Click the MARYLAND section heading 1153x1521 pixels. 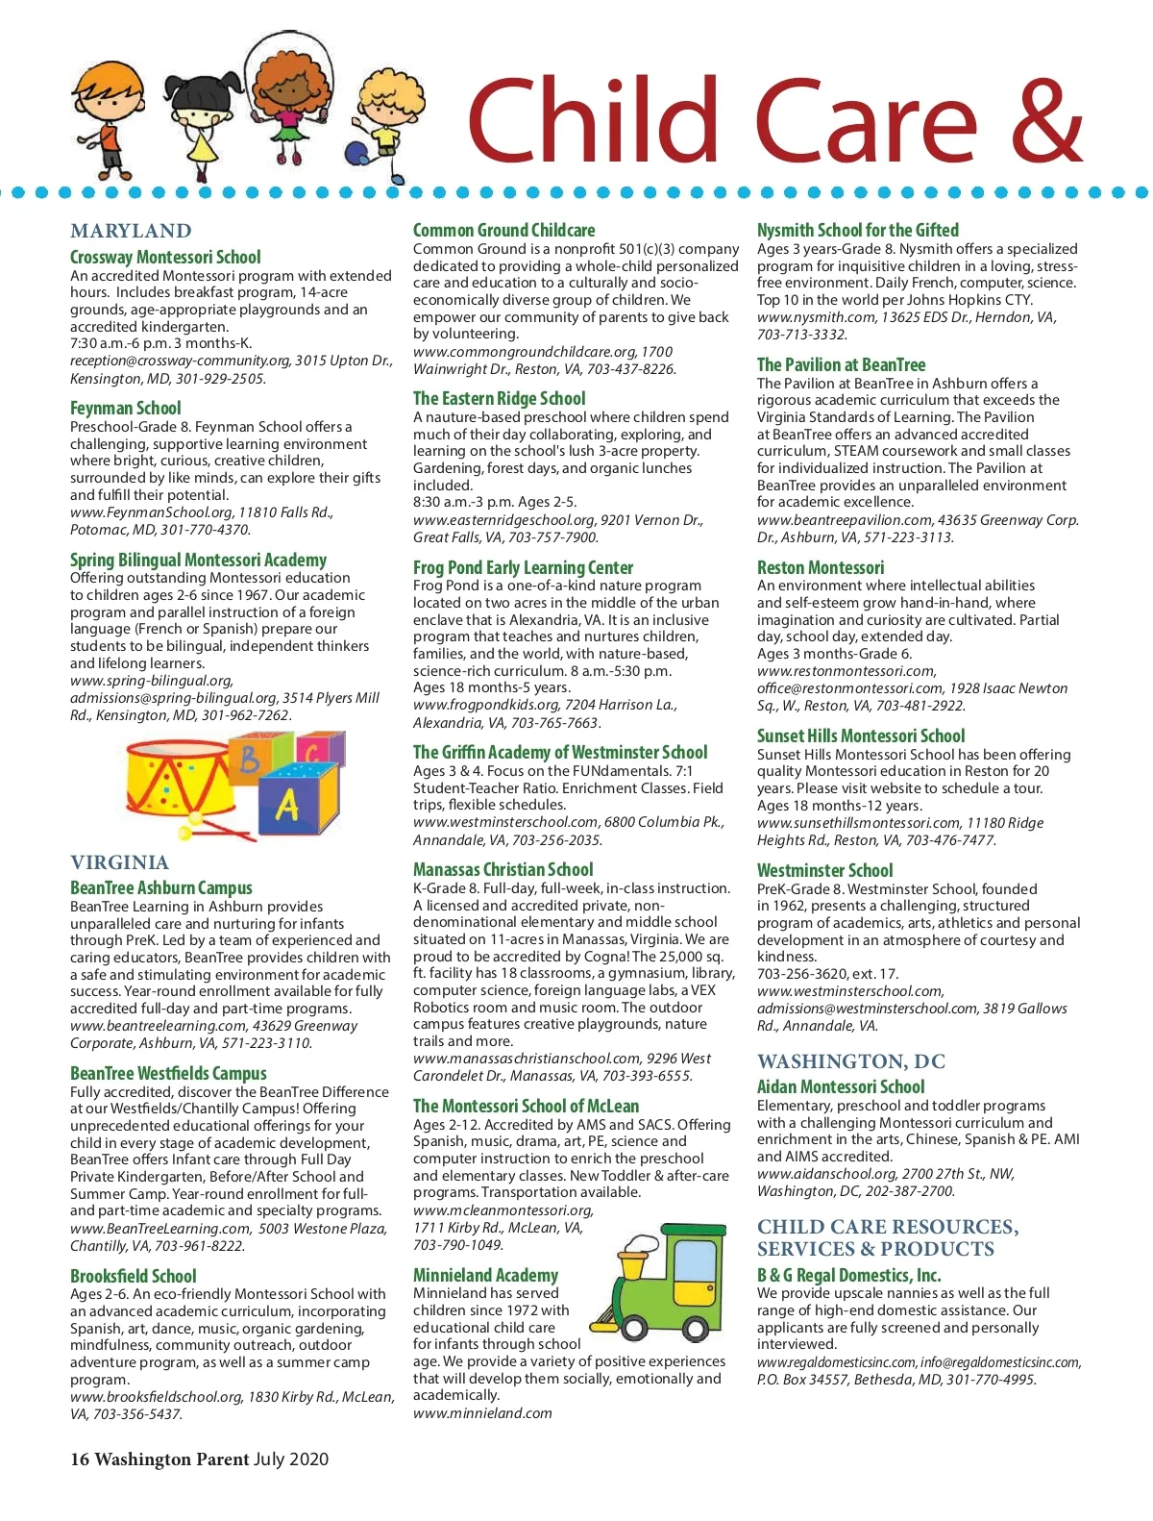coord(131,231)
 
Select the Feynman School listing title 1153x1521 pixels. coord(125,408)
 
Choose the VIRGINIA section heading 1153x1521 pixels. coord(119,862)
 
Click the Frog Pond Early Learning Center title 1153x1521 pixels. coord(523,567)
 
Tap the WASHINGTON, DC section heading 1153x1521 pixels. coord(850,1061)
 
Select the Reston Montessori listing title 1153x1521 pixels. coord(820,567)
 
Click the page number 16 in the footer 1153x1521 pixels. coord(79,1459)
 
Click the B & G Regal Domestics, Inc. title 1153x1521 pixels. coord(848,1275)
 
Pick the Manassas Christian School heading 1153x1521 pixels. coord(503,869)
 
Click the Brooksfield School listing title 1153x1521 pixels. coord(133,1276)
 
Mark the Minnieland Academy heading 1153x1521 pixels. coord(485,1275)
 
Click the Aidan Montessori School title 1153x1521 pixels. coord(840,1086)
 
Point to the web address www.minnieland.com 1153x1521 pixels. coord(482,1413)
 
